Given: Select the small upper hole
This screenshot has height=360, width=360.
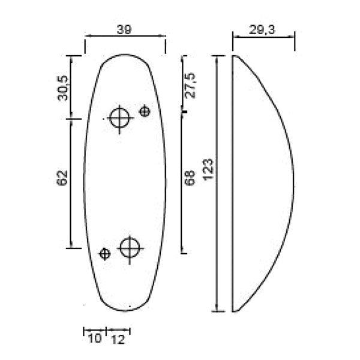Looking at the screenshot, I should (x=145, y=111).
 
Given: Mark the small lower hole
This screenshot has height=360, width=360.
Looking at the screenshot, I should (x=105, y=254).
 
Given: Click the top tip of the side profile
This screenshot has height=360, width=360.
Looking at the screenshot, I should (x=234, y=56).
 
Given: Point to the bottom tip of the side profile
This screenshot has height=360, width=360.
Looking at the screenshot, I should (x=234, y=311).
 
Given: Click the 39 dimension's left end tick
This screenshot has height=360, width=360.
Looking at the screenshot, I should (x=85, y=43).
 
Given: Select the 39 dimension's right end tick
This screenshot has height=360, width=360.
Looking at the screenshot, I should (x=166, y=43).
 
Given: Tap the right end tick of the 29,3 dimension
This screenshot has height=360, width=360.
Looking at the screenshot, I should (x=294, y=43).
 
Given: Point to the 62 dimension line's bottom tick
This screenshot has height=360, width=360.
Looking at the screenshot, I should (x=71, y=247).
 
